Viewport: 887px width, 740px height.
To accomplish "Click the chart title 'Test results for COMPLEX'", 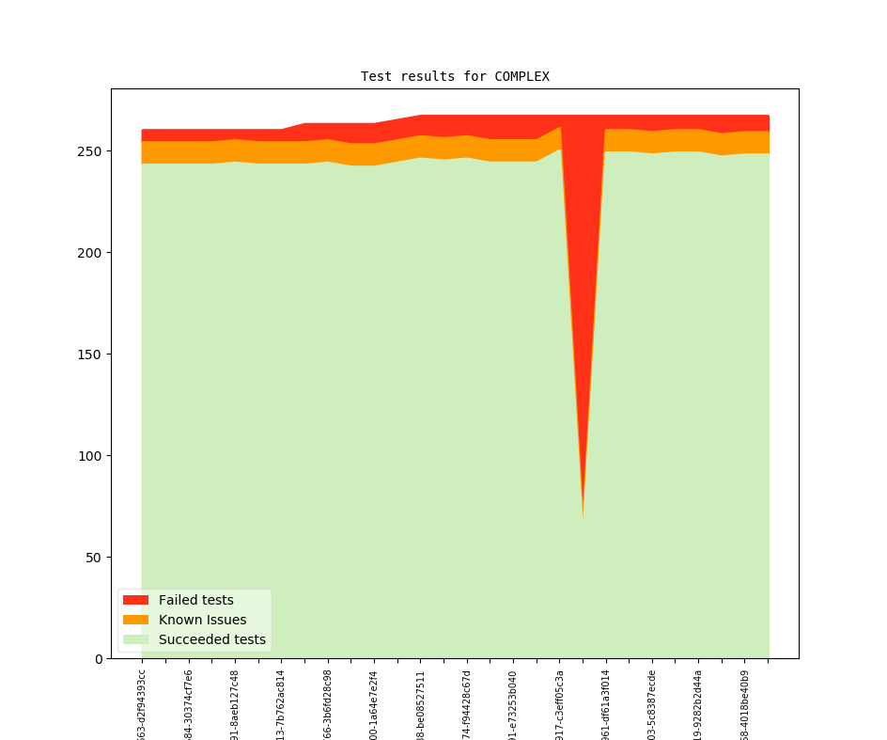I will coord(455,76).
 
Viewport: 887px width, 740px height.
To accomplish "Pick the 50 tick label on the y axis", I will coord(94,558).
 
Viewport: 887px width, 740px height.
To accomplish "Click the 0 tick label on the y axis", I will coord(98,659).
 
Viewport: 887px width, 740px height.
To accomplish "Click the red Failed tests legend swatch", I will coord(135,600).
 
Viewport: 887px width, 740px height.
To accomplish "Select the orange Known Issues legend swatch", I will coord(135,620).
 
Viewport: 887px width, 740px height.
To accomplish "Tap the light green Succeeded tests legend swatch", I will coord(135,639).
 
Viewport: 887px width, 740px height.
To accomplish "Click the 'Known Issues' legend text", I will coord(202,620).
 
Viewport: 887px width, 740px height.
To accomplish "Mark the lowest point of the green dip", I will coord(583,516).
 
